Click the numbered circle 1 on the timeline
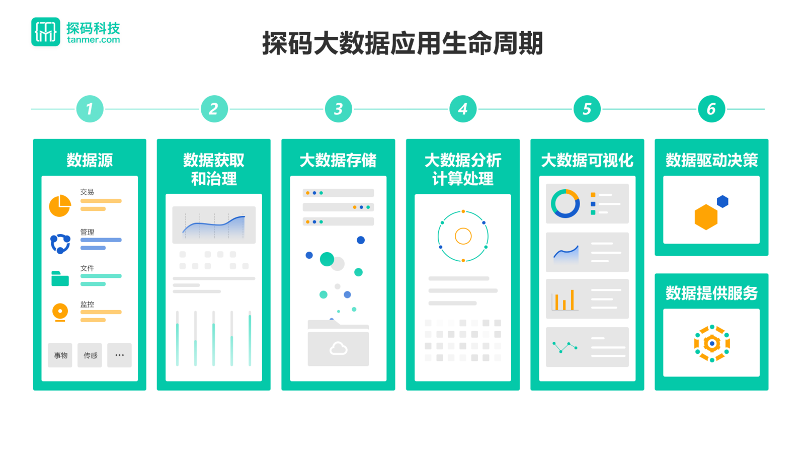point(90,109)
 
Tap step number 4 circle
point(463,109)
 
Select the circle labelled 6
point(711,109)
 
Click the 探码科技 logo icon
point(46,32)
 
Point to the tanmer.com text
point(94,40)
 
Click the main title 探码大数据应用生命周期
point(403,43)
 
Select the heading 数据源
point(90,160)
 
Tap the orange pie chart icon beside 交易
point(60,205)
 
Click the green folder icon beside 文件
point(60,278)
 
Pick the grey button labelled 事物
point(60,355)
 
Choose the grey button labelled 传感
point(90,355)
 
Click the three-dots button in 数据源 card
point(119,355)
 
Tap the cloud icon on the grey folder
point(338,348)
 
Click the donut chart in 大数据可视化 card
point(565,203)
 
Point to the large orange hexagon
point(705,217)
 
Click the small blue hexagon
point(722,201)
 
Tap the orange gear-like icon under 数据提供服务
point(711,344)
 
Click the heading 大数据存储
point(338,160)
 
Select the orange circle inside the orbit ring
point(463,236)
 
